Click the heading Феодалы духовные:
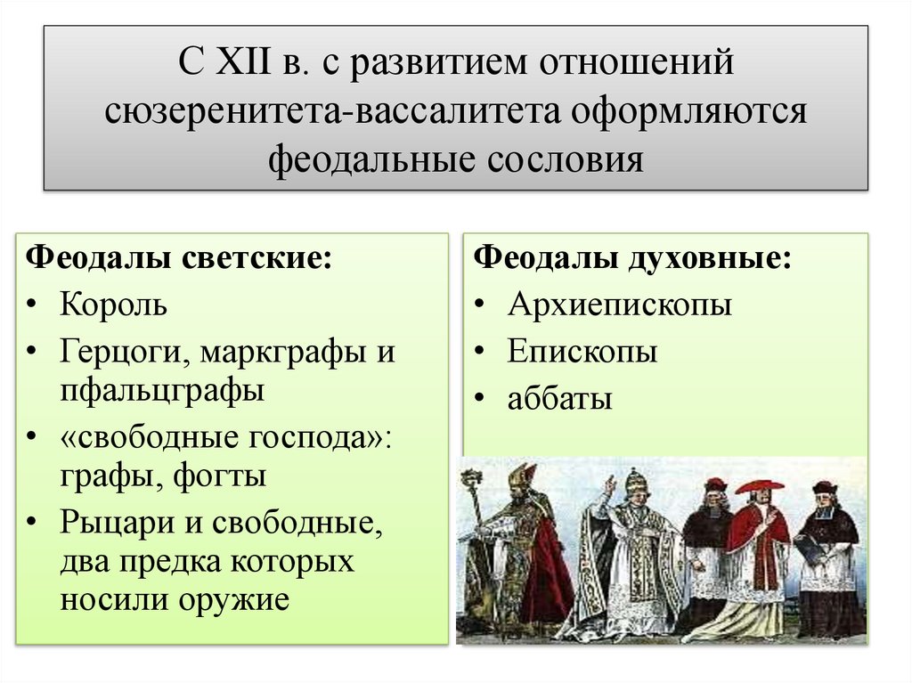pos(632,258)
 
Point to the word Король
pos(113,305)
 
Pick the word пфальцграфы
pos(162,391)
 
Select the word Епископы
pos(582,352)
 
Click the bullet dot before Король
pos(32,305)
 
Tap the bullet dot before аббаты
pos(480,399)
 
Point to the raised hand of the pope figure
pos(610,485)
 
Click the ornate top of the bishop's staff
pos(471,482)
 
